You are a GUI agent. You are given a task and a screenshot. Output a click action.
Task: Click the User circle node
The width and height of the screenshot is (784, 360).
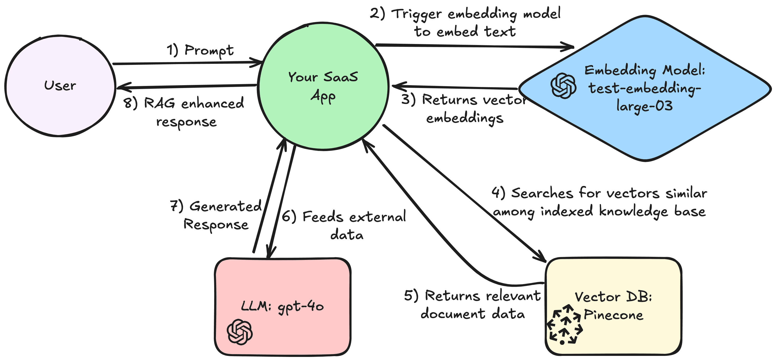[x=60, y=86]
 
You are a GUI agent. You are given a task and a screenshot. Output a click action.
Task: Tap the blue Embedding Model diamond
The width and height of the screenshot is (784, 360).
[x=645, y=128]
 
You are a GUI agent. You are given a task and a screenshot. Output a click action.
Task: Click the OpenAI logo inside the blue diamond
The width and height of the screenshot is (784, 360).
[x=563, y=86]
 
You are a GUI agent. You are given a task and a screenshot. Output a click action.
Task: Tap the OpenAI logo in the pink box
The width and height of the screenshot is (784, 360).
[x=240, y=332]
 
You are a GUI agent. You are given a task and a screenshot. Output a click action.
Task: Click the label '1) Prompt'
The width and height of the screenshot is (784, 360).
[x=200, y=50]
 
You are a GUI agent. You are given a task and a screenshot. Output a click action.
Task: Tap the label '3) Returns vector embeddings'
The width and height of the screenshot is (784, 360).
[x=464, y=109]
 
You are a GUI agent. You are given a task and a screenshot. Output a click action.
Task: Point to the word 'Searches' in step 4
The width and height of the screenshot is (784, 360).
[x=542, y=193]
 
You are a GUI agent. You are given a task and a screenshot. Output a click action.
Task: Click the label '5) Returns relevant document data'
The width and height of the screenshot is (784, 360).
[x=472, y=305]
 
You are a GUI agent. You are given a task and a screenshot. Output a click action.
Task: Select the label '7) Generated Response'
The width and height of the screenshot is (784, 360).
[x=216, y=215]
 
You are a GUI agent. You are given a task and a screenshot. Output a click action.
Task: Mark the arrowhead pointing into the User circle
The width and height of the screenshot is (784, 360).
[x=120, y=87]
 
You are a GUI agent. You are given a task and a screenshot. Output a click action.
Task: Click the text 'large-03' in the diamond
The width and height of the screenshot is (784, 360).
[x=644, y=106]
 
